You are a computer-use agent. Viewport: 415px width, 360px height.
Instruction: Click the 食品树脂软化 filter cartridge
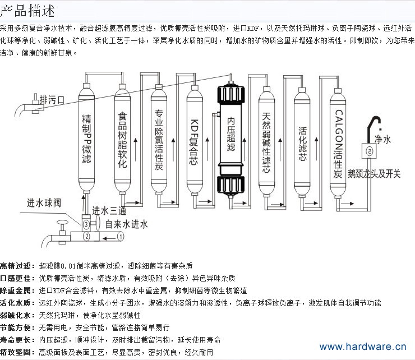[x=122, y=140]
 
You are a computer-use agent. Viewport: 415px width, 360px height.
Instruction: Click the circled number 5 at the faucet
[x=368, y=150]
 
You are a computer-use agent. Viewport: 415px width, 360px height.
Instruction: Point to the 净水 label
[x=382, y=139]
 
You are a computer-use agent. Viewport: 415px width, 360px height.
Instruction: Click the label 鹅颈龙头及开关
[x=374, y=174]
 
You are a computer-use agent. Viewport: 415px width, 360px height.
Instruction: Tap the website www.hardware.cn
[x=362, y=347]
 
